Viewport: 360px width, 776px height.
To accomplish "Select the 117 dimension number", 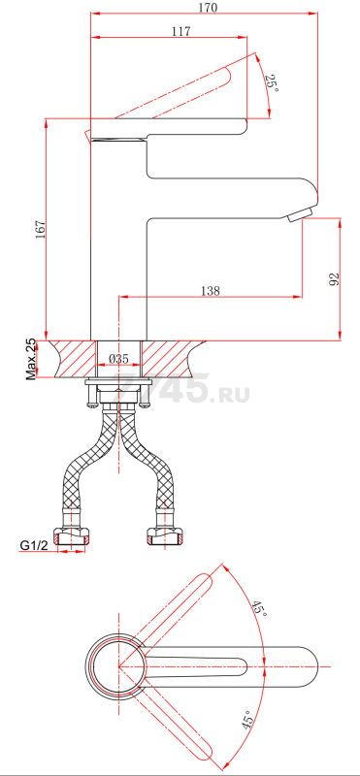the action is (181, 31).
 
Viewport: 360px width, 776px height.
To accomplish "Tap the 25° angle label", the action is (272, 83).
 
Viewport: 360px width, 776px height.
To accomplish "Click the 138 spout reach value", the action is (210, 291).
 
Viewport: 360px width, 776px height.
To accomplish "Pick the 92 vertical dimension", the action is (334, 278).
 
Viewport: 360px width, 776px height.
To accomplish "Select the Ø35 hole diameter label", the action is (118, 359).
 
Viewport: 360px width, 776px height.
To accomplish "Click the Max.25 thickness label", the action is (31, 359).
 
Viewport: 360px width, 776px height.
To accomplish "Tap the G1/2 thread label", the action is (34, 546).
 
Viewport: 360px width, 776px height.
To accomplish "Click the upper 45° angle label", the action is (258, 608).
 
